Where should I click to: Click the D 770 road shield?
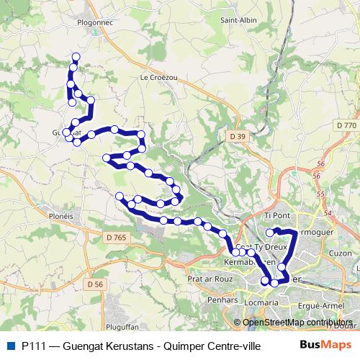click(x=346, y=125)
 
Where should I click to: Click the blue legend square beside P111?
click(x=9, y=345)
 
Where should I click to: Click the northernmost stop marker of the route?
click(x=76, y=57)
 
